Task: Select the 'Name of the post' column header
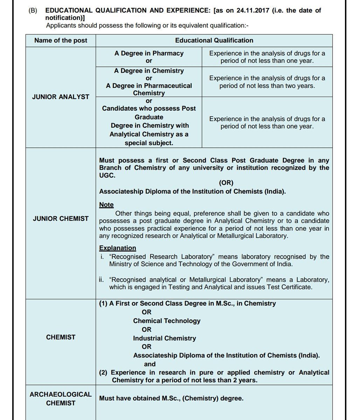click(x=61, y=40)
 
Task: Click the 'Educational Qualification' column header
click(x=214, y=40)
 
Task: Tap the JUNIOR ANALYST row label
click(x=61, y=97)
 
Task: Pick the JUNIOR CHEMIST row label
click(x=61, y=218)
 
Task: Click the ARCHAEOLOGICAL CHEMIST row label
click(x=61, y=399)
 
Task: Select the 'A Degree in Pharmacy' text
click(x=149, y=53)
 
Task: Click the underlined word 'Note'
click(x=106, y=205)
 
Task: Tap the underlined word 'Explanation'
click(x=117, y=248)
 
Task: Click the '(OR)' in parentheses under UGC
click(x=226, y=183)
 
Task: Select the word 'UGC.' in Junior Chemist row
click(x=107, y=175)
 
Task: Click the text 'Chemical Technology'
click(x=167, y=321)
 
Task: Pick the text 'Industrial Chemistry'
click(x=164, y=338)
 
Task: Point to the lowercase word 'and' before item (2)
click(x=150, y=364)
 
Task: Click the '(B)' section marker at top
click(x=33, y=10)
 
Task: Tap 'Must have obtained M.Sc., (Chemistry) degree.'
click(x=171, y=398)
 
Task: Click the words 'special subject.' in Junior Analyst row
click(x=149, y=143)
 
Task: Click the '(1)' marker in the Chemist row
click(x=103, y=303)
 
